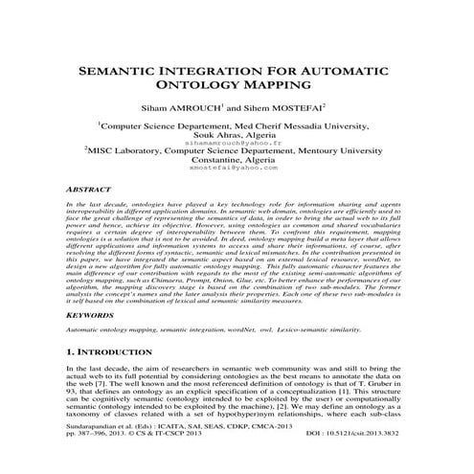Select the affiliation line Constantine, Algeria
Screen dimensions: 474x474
pyautogui.click(x=236, y=159)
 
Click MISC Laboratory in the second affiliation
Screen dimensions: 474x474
pyautogui.click(x=124, y=149)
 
